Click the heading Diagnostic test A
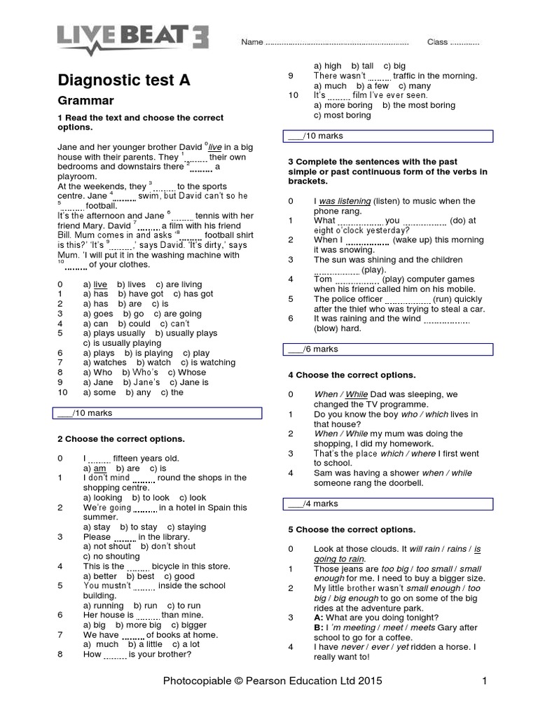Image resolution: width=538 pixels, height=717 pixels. [x=123, y=81]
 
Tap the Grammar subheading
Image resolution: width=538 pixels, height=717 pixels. [x=85, y=101]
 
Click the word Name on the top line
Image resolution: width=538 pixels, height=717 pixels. [x=251, y=42]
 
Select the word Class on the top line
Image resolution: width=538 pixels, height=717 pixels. [x=437, y=42]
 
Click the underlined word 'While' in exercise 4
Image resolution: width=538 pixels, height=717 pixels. [x=356, y=395]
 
